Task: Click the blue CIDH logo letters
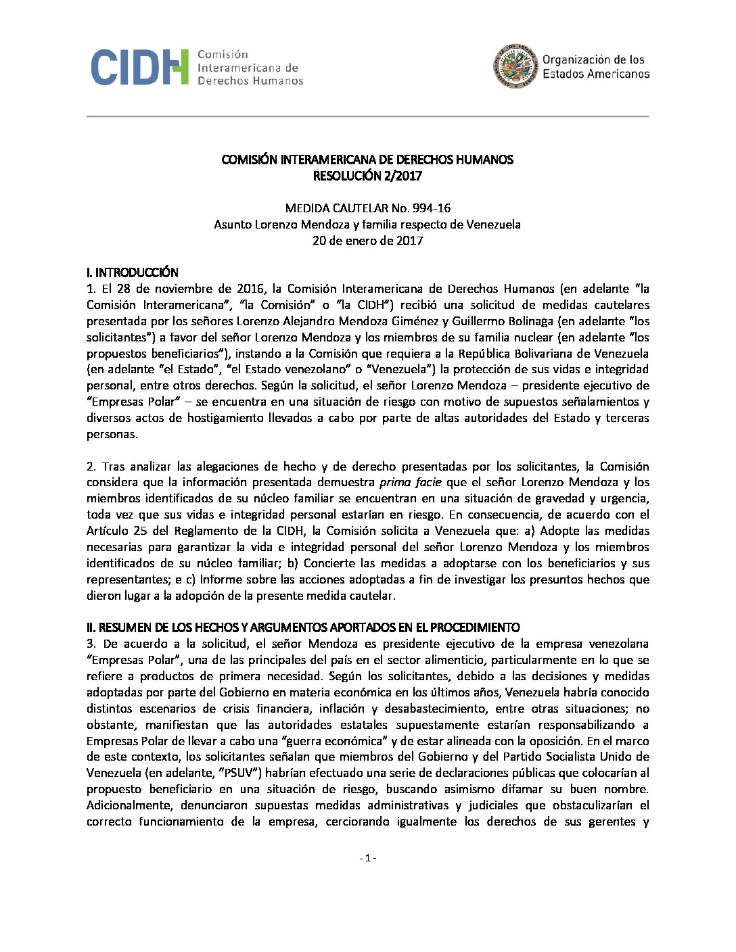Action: point(139,67)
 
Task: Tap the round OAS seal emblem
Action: point(515,66)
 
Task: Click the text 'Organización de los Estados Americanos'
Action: point(595,67)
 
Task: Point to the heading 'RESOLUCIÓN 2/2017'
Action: point(367,176)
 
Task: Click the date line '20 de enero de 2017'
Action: point(367,241)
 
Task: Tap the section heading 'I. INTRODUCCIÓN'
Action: point(133,272)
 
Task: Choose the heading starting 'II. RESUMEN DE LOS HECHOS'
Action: point(303,627)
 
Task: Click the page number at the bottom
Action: point(367,858)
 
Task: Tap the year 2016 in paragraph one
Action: point(250,289)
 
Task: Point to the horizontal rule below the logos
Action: point(367,116)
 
